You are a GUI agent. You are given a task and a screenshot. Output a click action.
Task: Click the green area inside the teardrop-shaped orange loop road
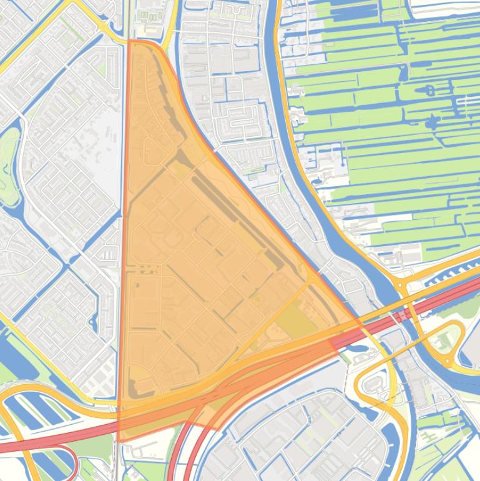click(x=444, y=340)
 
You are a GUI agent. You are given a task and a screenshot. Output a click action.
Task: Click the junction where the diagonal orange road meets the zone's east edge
click(x=310, y=277)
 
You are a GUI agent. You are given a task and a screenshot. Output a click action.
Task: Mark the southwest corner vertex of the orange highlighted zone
click(x=119, y=440)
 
